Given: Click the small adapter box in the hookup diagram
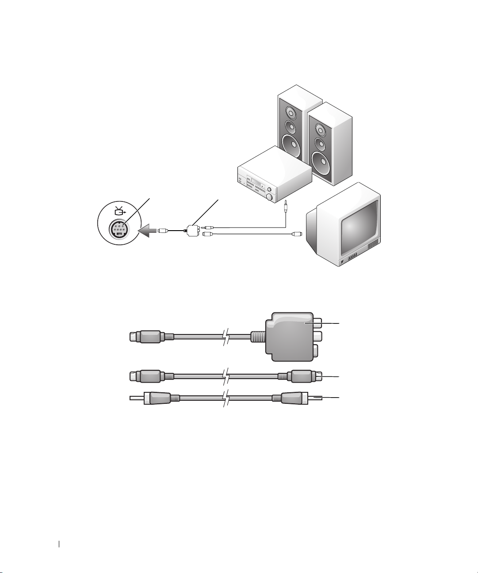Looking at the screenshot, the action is click(x=193, y=230).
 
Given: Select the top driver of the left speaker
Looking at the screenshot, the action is click(x=290, y=111).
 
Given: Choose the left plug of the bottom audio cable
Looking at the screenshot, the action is click(x=150, y=398).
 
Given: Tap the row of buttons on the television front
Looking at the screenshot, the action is click(x=352, y=259).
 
